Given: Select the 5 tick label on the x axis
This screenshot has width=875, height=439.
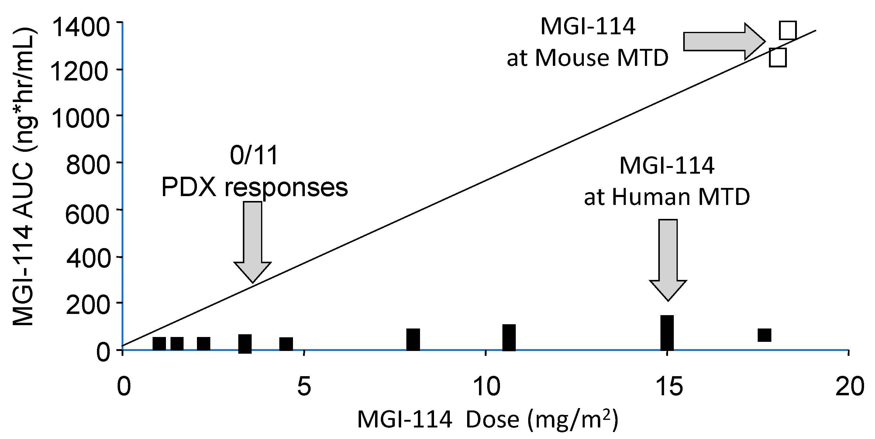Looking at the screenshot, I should (x=304, y=386).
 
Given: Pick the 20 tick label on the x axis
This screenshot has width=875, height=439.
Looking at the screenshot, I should (x=849, y=386).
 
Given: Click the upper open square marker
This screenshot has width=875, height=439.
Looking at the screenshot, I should (x=787, y=31).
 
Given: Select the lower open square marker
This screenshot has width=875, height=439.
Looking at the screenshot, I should (x=778, y=58).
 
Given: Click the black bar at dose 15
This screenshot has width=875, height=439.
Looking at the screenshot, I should (x=667, y=333).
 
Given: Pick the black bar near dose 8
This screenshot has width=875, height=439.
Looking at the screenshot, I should (x=413, y=339).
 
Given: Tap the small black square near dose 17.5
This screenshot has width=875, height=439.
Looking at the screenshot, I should (x=764, y=335).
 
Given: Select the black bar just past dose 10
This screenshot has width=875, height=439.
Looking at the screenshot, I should (x=509, y=337).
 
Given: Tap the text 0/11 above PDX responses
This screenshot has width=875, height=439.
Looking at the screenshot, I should (x=254, y=156).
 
